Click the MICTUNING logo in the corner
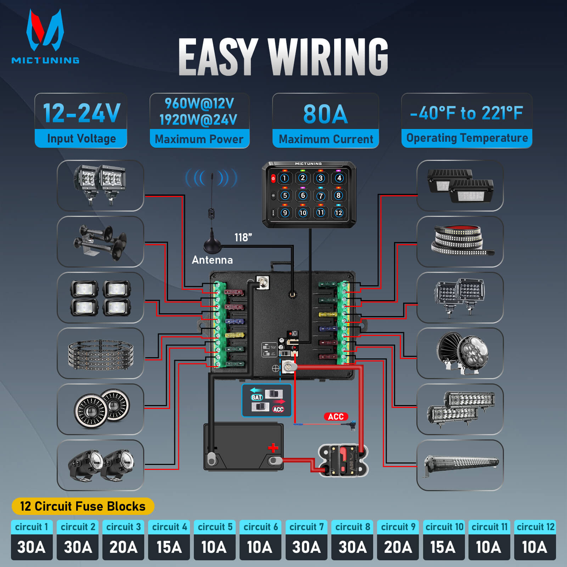(x=45, y=37)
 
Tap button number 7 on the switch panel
(x=320, y=196)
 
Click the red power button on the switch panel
(x=273, y=178)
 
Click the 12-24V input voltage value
(x=81, y=113)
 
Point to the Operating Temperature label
(x=467, y=138)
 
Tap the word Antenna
(x=212, y=260)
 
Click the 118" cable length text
(x=243, y=237)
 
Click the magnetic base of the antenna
(x=212, y=245)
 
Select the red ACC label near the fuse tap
(x=336, y=416)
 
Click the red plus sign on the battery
(x=273, y=448)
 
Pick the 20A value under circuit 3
(x=123, y=547)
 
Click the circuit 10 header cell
(x=444, y=527)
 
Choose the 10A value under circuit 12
(x=534, y=547)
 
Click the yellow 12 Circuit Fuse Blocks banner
(x=83, y=506)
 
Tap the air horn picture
(x=100, y=241)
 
